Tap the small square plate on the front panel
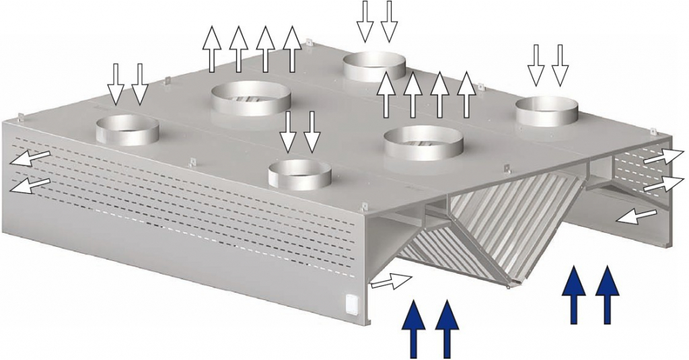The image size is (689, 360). pos(352,303)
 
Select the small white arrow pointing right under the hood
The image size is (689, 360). pos(391,281)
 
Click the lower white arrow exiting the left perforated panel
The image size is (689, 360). pos(30,185)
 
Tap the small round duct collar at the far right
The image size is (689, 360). pos(547,111)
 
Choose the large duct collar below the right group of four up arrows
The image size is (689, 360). pos(423,143)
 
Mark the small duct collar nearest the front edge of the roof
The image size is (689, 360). pos(299,174)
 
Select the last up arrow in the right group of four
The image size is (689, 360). pos(466,94)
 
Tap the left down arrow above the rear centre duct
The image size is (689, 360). pos(365,21)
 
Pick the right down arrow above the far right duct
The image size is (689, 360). pos(560,64)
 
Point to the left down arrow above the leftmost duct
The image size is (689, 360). pos(116,83)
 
